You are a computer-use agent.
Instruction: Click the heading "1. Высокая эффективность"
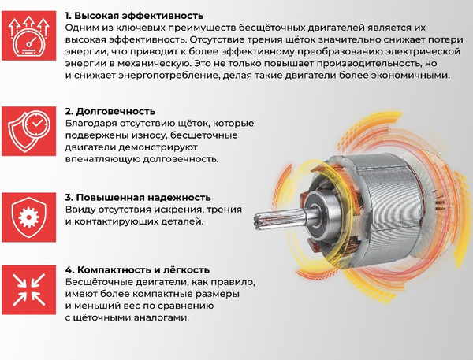pos(134,15)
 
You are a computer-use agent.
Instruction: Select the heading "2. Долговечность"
pos(110,111)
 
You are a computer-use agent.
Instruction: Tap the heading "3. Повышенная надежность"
pos(138,196)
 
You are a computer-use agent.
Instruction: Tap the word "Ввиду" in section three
pos(81,209)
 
